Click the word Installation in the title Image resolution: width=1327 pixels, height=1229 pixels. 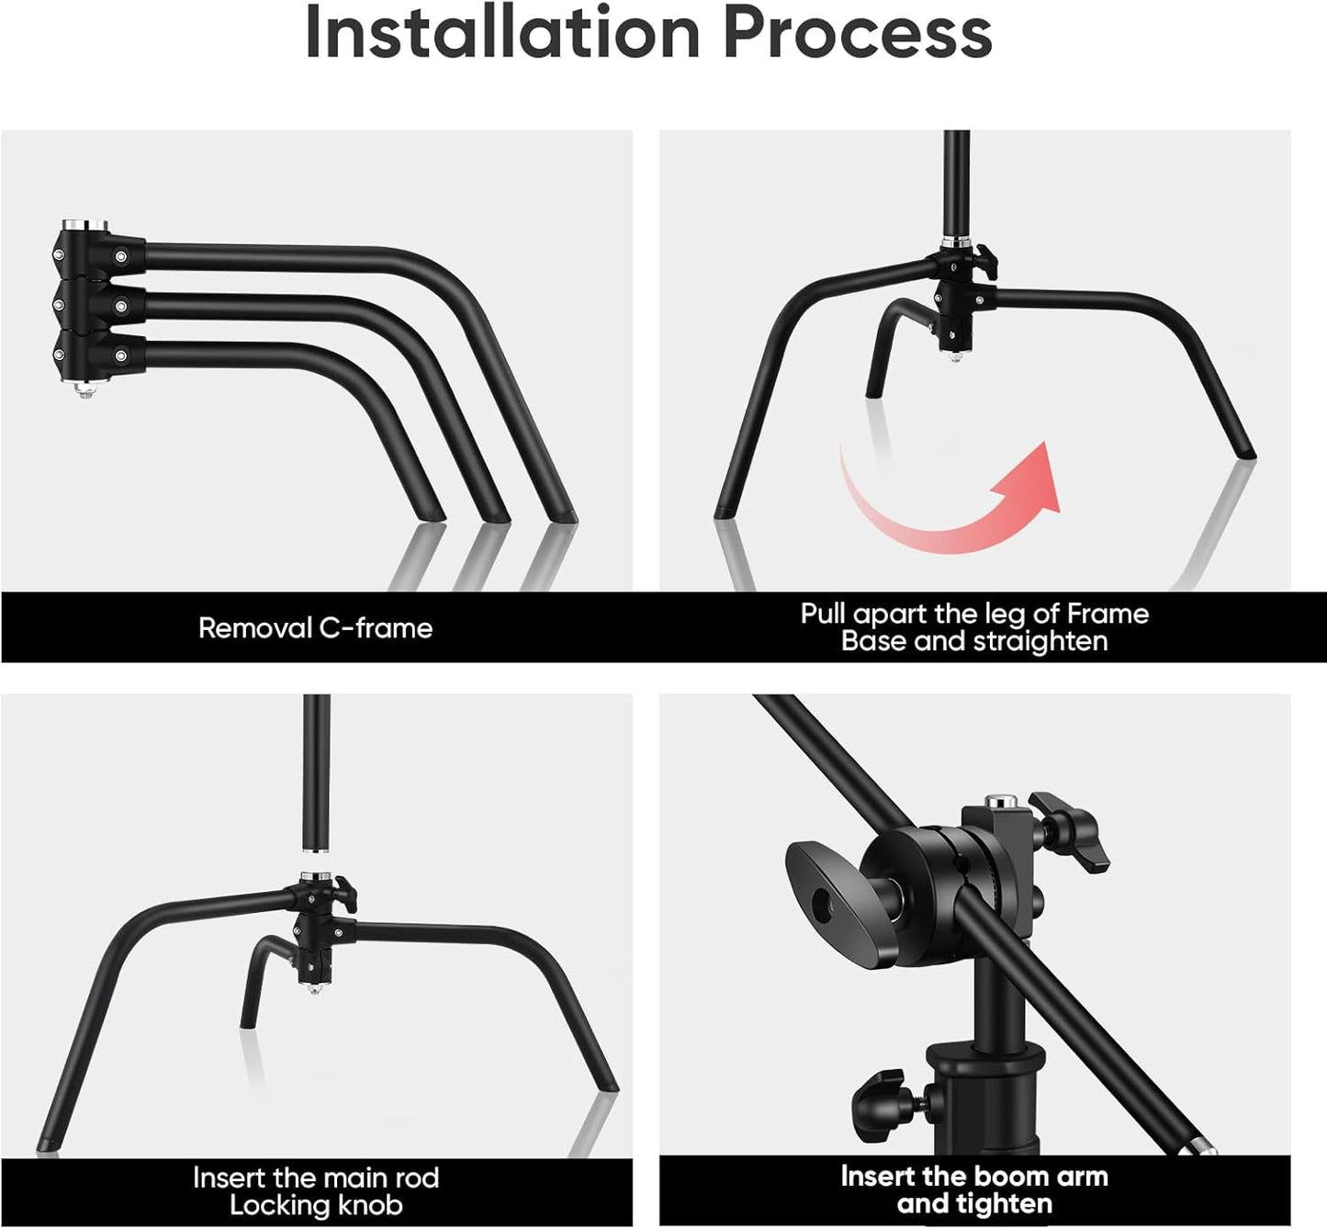(502, 33)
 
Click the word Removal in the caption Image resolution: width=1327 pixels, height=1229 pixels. (255, 628)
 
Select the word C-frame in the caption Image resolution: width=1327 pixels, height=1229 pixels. (376, 628)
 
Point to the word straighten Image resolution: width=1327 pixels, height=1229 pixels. (1040, 641)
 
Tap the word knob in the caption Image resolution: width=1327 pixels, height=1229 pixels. (369, 1205)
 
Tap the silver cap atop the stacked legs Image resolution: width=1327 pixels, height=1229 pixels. (84, 225)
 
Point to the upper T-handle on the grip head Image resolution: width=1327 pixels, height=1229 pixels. (1074, 827)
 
